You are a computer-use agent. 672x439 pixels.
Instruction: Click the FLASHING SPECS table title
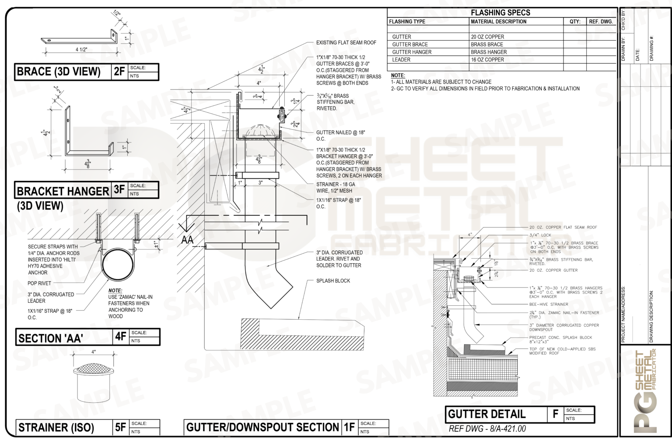point(500,13)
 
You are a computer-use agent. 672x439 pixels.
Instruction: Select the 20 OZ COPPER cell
point(487,37)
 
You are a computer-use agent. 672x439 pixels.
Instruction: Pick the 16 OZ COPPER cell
point(487,60)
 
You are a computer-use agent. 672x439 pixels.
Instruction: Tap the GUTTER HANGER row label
point(412,52)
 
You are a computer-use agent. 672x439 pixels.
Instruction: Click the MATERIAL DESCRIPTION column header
point(498,21)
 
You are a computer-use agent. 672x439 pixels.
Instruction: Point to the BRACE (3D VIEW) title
point(58,72)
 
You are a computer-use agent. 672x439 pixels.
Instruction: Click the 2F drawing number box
point(119,72)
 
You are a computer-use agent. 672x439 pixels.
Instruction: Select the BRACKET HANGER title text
point(63,191)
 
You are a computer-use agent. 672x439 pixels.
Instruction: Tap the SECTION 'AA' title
point(51,338)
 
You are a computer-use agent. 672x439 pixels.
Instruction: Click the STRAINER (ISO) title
point(56,428)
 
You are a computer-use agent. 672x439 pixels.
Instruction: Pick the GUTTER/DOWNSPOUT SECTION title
point(262,427)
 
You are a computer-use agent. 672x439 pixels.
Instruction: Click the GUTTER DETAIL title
point(486,414)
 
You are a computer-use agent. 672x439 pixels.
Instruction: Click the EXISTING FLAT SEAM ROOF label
point(346,43)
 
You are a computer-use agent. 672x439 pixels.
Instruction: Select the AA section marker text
point(187,240)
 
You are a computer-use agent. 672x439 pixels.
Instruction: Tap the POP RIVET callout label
point(39,283)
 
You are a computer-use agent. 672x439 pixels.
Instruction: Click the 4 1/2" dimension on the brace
point(81,49)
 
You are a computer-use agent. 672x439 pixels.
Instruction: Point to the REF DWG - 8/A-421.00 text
point(487,429)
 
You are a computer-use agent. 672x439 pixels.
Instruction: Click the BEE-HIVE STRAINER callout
point(548,304)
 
